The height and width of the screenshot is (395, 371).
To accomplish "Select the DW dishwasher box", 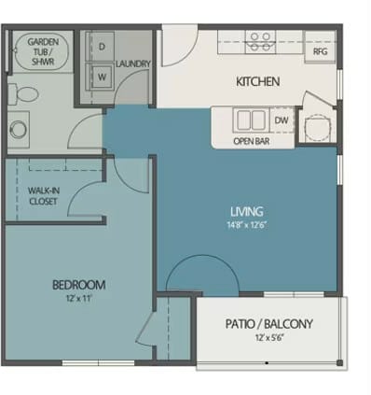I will click(x=281, y=120).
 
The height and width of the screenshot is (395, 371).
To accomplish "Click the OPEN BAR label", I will click(x=252, y=142).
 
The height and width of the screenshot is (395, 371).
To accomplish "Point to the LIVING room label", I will click(x=246, y=211).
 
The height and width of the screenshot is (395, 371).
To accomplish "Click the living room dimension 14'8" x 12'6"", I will click(x=246, y=225).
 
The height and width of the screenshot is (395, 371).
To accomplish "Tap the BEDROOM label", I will click(x=79, y=284).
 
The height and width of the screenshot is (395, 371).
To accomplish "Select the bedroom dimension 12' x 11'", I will click(x=79, y=299).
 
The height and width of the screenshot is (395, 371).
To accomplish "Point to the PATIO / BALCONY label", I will click(x=269, y=324).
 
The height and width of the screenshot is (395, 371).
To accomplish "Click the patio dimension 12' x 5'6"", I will click(x=269, y=339).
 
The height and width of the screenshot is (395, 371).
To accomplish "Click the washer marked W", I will click(x=101, y=77).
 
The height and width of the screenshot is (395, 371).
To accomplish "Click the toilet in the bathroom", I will click(x=27, y=93).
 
